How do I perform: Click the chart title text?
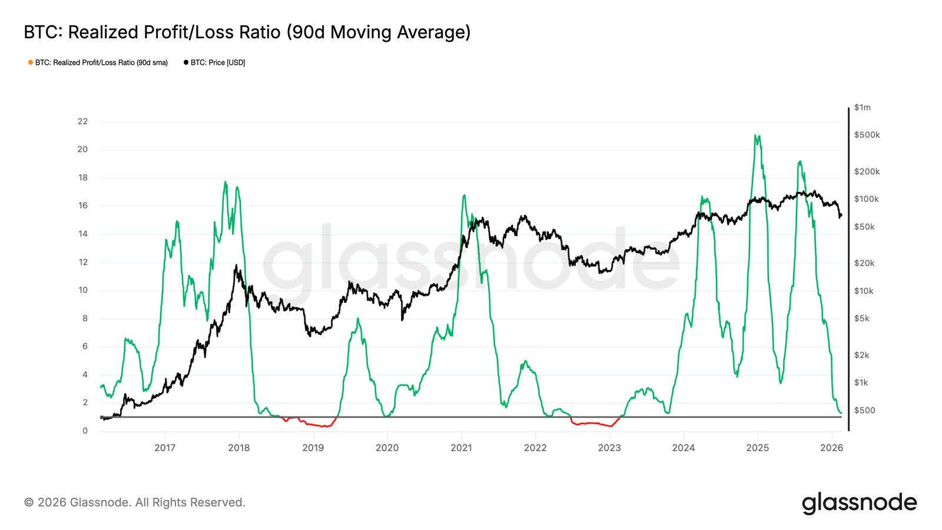point(247,32)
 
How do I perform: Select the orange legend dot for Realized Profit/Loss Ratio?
point(31,62)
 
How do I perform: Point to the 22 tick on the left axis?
point(82,121)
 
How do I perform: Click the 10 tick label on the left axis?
point(82,290)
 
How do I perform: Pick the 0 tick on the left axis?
point(85,430)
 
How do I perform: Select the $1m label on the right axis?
point(862,107)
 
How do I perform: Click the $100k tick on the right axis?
point(866,199)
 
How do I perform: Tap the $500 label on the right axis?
point(864,410)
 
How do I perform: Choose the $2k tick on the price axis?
point(861,355)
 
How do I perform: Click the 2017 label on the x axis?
point(165,448)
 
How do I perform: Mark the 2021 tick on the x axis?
point(461,448)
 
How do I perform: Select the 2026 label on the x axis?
point(831,448)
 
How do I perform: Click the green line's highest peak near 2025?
point(755,136)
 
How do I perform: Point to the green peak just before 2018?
point(225,183)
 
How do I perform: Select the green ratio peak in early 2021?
point(464,196)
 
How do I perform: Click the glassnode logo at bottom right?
point(859,502)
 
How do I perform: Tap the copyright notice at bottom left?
point(134,502)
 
